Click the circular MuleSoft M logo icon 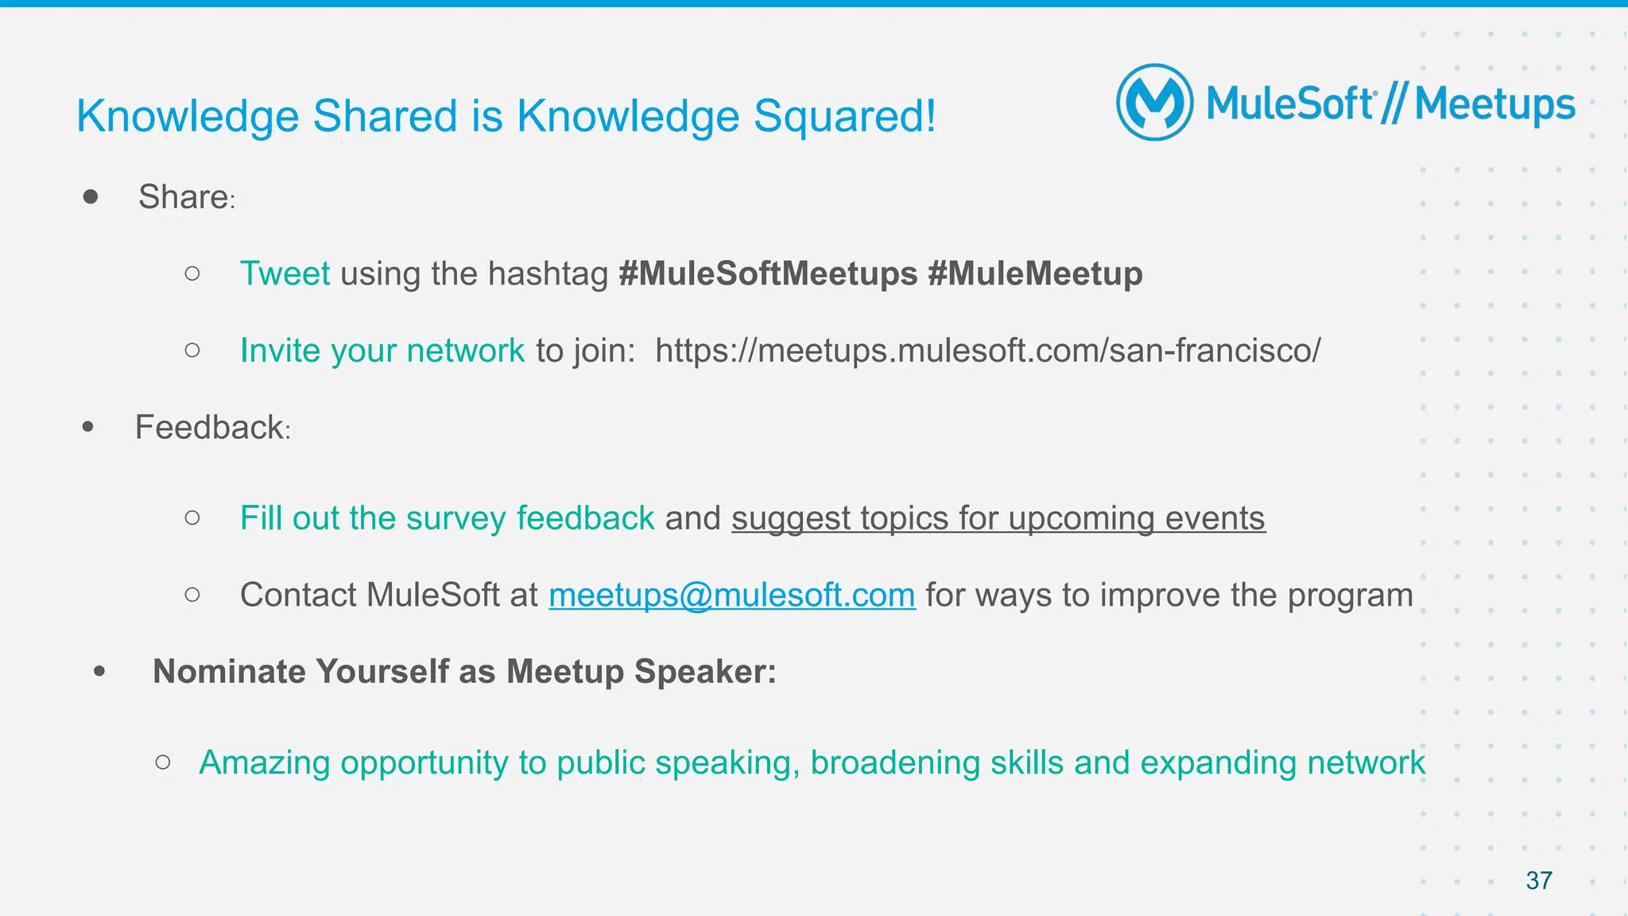pos(1154,103)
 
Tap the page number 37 pos(1539,880)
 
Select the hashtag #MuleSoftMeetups pos(768,274)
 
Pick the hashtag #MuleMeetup pos(1035,274)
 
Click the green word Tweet pos(285,274)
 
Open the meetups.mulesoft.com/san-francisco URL pos(987,351)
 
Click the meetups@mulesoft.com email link pos(731,595)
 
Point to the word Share pos(184,197)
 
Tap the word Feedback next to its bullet pos(209,428)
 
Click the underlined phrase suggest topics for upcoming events pos(998,518)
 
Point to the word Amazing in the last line pos(264,763)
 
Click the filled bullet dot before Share pos(91,196)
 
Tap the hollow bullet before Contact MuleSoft pos(192,594)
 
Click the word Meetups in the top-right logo pos(1494,105)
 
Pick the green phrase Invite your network pos(382,351)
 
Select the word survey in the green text pos(455,518)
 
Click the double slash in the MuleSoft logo pos(1393,103)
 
